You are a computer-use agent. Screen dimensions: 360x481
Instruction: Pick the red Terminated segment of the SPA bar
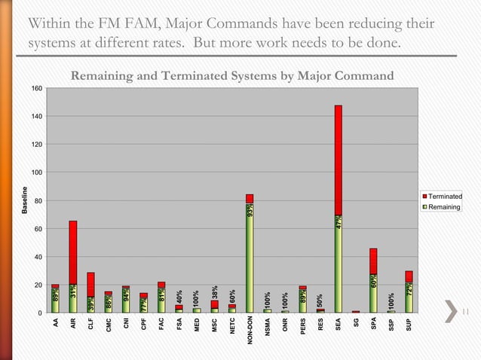tap(373, 261)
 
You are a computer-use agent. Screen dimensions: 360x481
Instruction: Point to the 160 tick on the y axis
tap(35, 88)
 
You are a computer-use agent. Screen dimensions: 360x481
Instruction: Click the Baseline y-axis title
tap(24, 200)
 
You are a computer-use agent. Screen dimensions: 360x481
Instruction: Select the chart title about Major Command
tap(232, 76)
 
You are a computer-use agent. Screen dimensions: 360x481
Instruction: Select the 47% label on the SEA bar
tap(339, 223)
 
